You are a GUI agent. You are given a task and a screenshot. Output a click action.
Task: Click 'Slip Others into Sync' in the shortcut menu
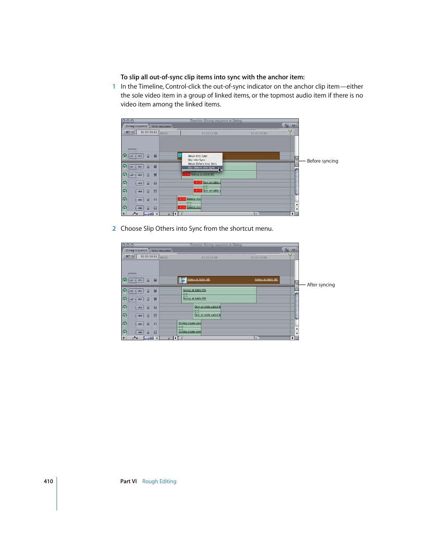(201, 167)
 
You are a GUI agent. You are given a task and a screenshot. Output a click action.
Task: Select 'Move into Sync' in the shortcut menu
(197, 156)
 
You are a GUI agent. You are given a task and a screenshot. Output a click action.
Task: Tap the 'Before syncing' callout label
(322, 161)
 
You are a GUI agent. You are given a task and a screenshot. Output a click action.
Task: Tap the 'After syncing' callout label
(320, 285)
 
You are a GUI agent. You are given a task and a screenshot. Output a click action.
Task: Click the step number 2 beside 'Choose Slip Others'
(114, 228)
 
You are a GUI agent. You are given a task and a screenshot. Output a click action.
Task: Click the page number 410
(48, 481)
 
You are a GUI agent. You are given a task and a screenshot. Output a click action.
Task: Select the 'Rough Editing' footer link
(159, 481)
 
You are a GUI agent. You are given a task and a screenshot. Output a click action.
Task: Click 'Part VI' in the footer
(128, 481)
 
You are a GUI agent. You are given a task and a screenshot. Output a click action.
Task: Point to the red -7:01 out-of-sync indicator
(186, 174)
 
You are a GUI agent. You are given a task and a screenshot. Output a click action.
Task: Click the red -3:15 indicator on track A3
(198, 182)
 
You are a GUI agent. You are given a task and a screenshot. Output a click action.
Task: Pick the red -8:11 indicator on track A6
(182, 207)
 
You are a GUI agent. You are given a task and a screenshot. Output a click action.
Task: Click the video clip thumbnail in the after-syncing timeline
(183, 280)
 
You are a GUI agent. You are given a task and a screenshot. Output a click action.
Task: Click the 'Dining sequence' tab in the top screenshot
(136, 126)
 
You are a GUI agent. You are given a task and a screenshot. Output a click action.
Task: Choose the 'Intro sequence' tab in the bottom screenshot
(161, 251)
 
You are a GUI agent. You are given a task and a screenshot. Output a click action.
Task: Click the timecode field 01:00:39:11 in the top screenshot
(148, 132)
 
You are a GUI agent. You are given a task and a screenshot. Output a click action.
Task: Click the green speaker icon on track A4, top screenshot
(125, 191)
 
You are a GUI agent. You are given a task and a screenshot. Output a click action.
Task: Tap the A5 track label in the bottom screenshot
(139, 324)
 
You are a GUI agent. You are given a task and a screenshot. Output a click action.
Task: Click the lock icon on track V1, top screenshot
(148, 156)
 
